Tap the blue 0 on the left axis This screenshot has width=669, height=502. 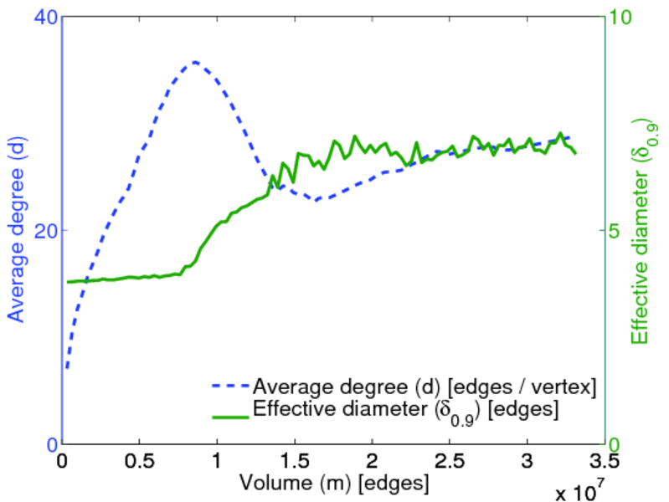(50, 444)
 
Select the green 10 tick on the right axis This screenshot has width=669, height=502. (623, 17)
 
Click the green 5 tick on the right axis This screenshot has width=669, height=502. (618, 230)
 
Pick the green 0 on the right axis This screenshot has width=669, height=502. (618, 444)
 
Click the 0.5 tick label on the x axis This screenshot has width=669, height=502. (139, 461)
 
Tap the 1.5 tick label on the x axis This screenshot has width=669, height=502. (294, 461)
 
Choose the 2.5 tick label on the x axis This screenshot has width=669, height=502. (450, 461)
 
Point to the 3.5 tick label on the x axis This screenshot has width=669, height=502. (605, 461)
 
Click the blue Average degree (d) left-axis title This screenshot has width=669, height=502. (17, 230)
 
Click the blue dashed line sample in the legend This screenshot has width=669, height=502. (229, 387)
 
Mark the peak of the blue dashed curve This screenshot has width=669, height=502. (195, 62)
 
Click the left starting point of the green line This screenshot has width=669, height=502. (68, 282)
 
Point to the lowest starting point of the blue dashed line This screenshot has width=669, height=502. (67, 367)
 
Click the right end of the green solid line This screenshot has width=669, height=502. (576, 153)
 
